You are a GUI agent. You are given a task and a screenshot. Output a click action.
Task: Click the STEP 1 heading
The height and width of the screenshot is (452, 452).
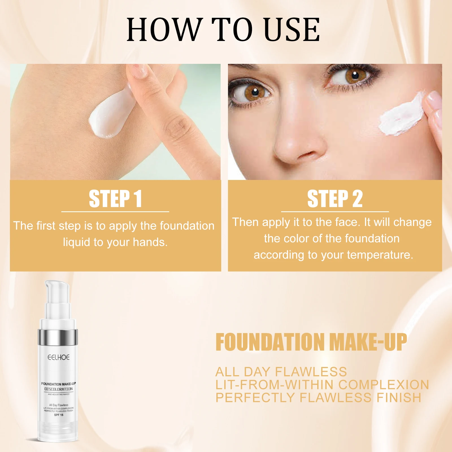[x=115, y=199]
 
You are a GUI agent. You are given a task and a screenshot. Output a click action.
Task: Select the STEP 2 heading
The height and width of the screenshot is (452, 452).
[x=335, y=199]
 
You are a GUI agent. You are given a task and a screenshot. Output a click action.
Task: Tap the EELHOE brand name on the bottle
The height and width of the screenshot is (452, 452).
[x=58, y=357]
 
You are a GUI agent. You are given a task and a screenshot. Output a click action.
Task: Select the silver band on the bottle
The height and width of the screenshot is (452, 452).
[x=58, y=338]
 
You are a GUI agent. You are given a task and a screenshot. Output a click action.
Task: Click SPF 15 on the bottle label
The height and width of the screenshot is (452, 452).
[x=58, y=415]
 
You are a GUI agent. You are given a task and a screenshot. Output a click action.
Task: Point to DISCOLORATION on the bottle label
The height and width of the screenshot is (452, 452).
[x=58, y=389]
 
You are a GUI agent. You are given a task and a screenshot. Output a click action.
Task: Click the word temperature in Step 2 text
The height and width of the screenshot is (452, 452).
[x=380, y=255]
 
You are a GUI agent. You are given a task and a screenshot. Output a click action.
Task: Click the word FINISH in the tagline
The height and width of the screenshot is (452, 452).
[x=399, y=398]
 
